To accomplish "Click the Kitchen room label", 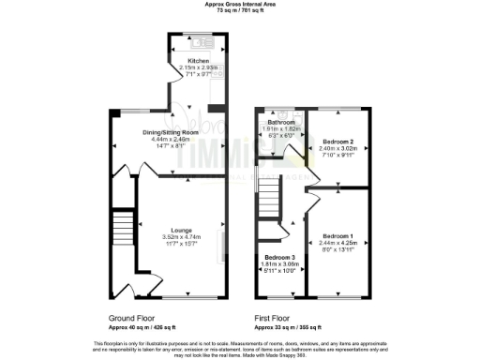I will pos(185,60).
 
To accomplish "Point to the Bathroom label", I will pos(281,124).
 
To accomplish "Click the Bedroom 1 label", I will pos(339,236).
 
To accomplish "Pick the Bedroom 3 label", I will pos(279,258).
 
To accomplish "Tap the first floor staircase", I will pos(270,200).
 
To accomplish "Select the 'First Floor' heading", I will pos(278,319).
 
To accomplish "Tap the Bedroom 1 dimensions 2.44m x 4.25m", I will pos(339,243).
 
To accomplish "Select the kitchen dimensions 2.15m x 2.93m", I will pos(185,67).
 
